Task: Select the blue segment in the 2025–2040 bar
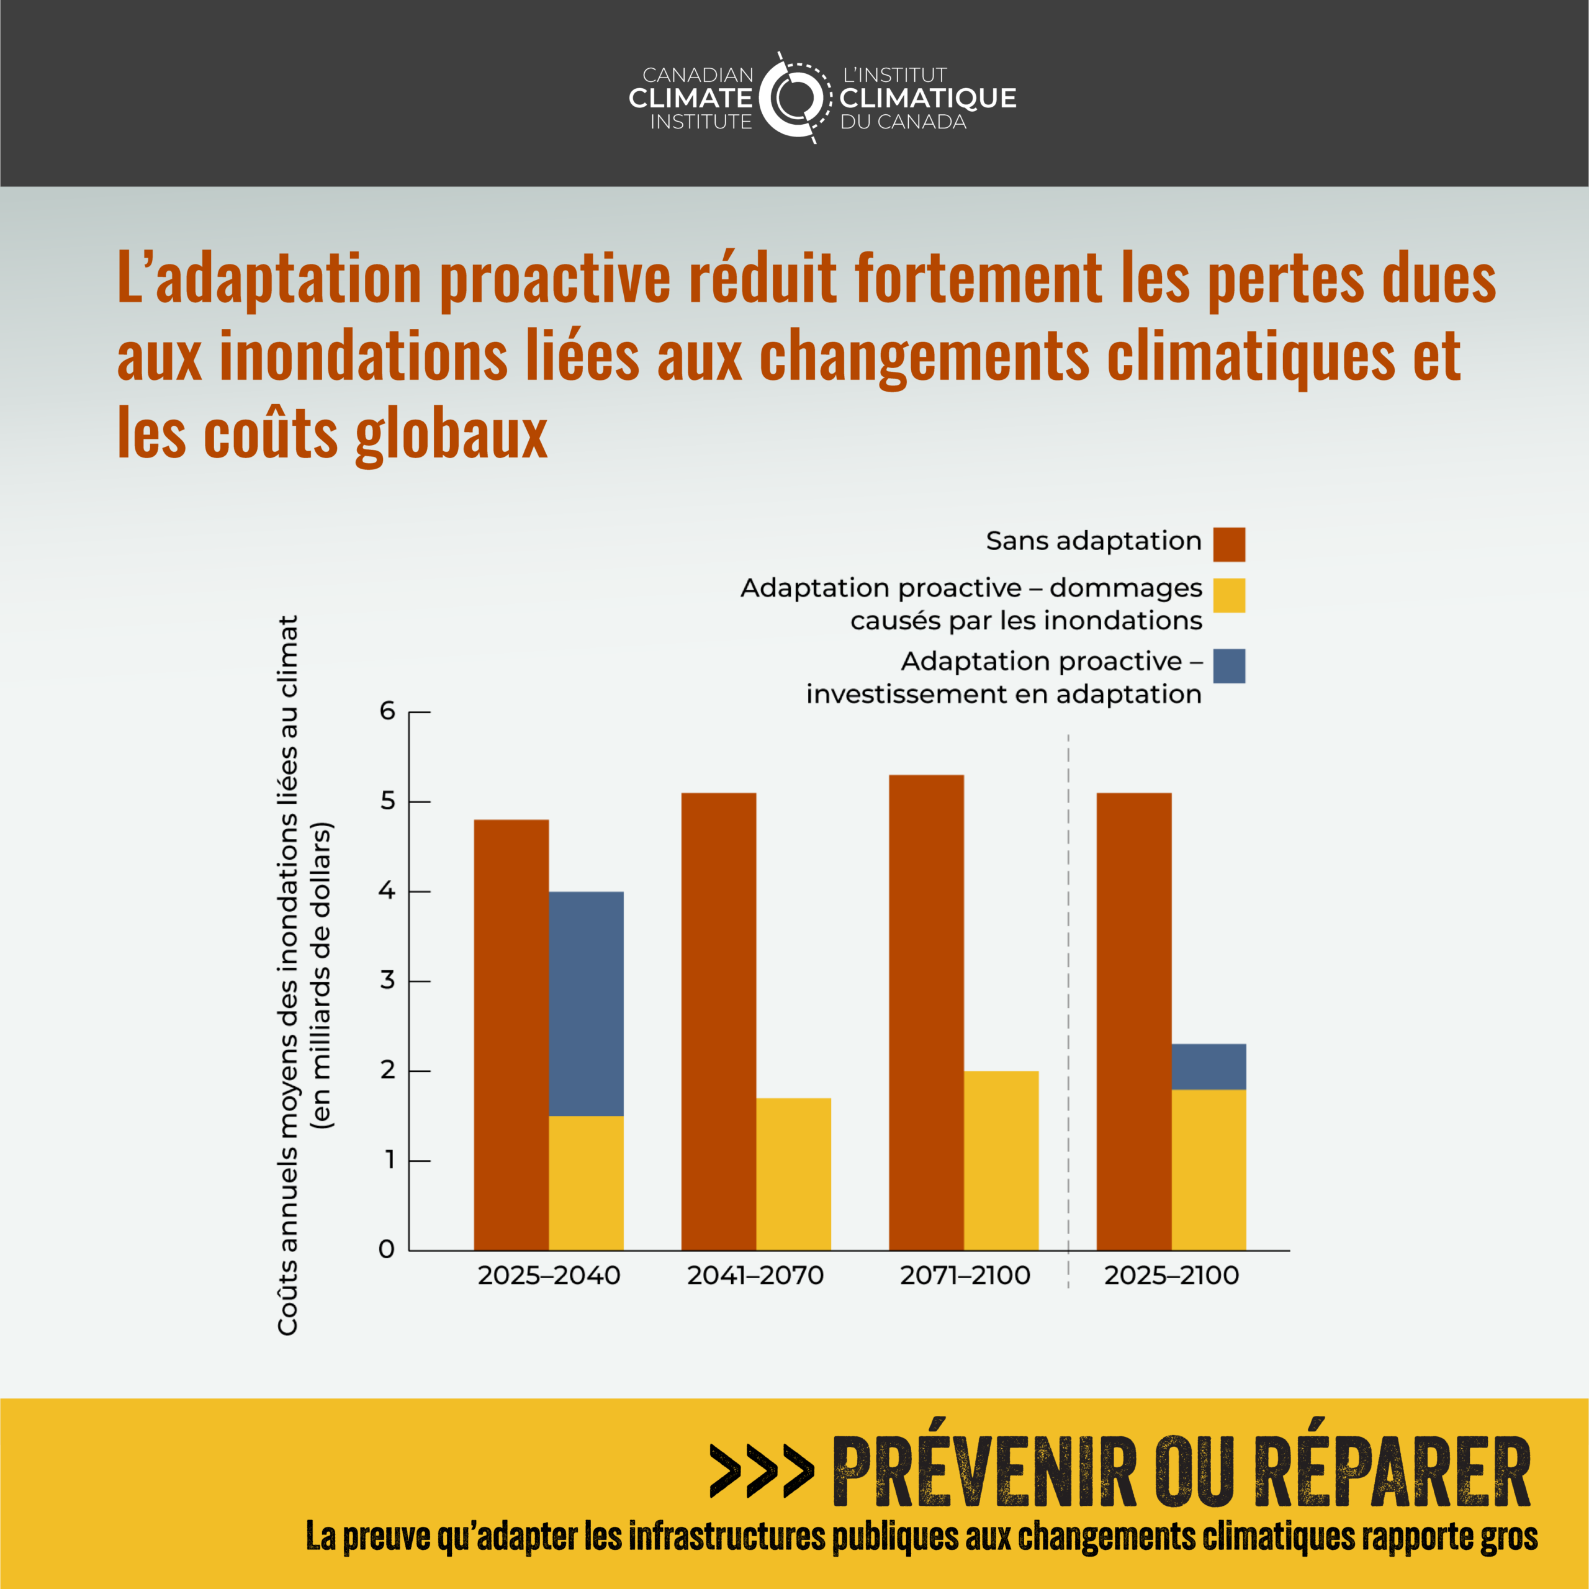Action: (585, 1004)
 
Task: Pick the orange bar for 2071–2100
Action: (926, 1012)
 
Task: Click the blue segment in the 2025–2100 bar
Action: (1209, 1067)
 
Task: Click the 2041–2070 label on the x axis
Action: (755, 1276)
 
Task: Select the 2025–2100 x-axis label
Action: (1171, 1276)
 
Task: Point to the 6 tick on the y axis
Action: (387, 711)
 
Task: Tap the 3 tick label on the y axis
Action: (387, 980)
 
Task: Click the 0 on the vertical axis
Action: (387, 1250)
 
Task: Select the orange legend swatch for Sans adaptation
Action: (1229, 544)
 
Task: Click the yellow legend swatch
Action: (1229, 595)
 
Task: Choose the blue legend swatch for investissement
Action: (1229, 666)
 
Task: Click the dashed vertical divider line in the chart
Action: (1068, 987)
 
